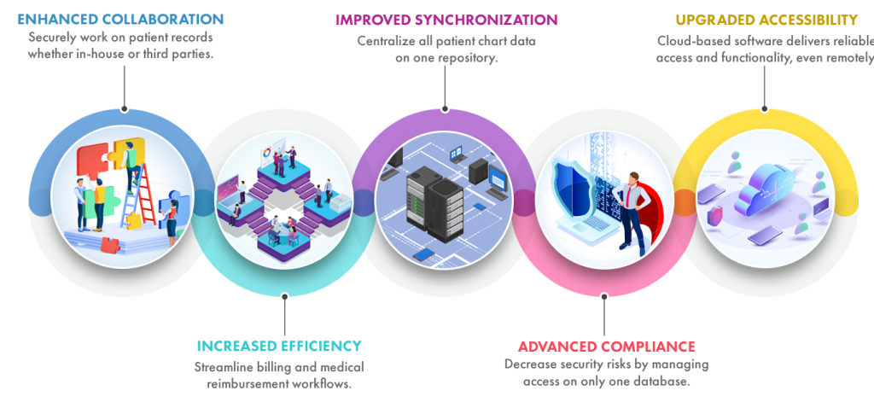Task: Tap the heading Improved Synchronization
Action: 446,19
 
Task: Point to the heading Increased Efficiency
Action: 279,346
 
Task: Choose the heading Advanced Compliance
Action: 607,346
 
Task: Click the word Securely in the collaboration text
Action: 52,38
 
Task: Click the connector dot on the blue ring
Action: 125,109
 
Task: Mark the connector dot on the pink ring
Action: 603,297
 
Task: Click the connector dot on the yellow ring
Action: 764,108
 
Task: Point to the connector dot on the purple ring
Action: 445,108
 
